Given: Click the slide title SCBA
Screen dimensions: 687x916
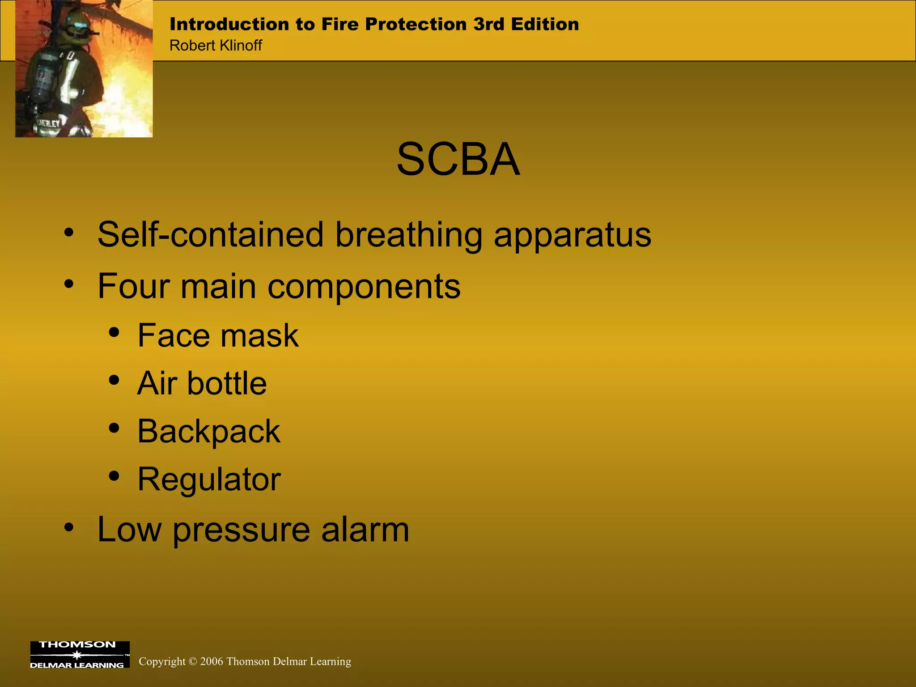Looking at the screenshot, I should pos(458,160).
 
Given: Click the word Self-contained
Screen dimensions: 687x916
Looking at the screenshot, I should pos(210,234).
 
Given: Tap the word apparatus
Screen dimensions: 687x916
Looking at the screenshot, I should pos(572,235).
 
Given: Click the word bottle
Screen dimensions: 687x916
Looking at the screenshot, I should pos(227,383).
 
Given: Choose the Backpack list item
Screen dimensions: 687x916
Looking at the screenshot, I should pos(209,432).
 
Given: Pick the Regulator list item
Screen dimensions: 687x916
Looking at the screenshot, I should pos(209,479).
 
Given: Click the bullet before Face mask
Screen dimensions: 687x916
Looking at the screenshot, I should pos(114,332).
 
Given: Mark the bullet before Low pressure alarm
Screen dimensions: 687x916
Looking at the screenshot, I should pos(68,527).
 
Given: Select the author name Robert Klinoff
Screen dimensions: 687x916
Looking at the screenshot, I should pos(216,46).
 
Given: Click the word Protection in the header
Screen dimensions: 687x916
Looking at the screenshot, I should pos(416,24).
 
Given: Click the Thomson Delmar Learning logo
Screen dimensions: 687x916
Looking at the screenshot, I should pos(80,655).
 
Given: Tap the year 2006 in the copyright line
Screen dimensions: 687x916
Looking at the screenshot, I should pos(212,662).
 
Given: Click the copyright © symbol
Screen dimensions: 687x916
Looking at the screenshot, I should pos(193,662).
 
